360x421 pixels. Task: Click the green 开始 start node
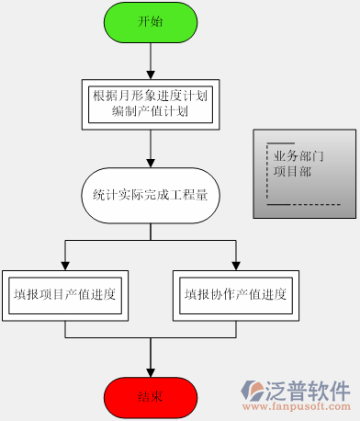tap(151, 22)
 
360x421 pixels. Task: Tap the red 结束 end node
tap(151, 396)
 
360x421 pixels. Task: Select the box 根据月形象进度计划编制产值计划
tap(151, 102)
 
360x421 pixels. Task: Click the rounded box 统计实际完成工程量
tap(151, 195)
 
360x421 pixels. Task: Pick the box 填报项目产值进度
tap(64, 295)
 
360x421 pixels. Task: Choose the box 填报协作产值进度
tap(236, 295)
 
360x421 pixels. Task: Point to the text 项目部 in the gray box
tap(293, 171)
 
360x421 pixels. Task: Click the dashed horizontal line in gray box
tap(303, 204)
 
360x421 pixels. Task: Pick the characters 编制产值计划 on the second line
tap(151, 110)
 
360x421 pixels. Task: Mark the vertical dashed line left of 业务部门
tap(267, 175)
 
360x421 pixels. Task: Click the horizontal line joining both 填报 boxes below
tap(151, 340)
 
